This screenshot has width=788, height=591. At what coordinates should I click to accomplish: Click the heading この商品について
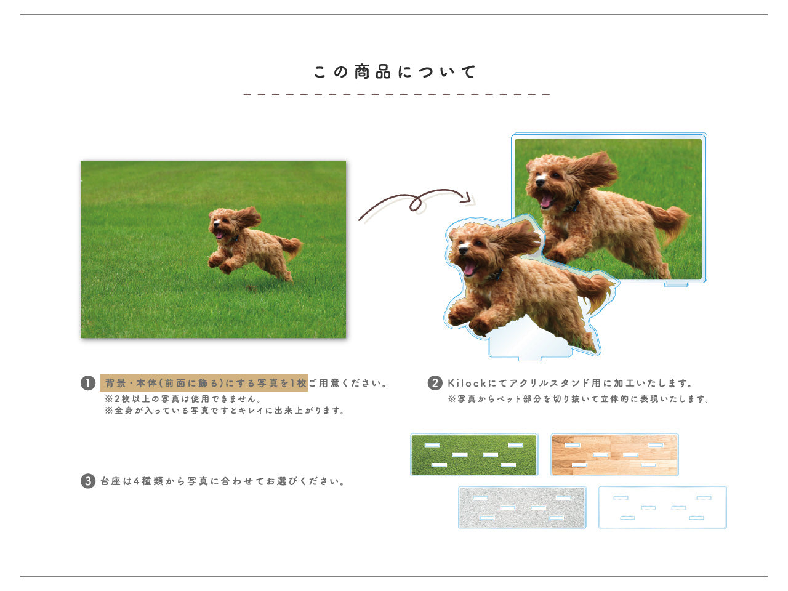coord(395,72)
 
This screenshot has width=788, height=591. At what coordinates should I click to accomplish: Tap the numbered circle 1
coord(88,383)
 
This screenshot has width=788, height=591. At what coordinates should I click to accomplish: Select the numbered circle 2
coord(435,383)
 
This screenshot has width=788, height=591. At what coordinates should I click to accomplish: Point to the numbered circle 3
coord(88,481)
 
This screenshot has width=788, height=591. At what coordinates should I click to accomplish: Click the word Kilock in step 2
coord(467,383)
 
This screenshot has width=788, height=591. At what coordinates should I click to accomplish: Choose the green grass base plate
coord(474,455)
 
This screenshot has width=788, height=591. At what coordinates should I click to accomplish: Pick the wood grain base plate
coord(614,455)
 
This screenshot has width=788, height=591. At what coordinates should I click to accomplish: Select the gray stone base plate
coord(522,507)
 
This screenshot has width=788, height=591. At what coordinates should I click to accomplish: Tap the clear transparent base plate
coord(662,507)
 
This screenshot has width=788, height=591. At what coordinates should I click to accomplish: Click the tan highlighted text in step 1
coord(204,383)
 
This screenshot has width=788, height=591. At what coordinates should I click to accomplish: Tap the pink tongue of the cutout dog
coord(468,268)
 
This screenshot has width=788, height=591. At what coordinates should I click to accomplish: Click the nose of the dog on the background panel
coord(539,183)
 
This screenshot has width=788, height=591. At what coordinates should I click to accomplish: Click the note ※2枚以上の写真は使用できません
coord(183,399)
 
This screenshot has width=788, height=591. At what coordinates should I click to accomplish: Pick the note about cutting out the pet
coord(578,399)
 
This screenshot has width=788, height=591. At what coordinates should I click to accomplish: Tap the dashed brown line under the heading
coord(396,94)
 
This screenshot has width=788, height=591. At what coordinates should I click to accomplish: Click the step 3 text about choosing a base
coord(223,481)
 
